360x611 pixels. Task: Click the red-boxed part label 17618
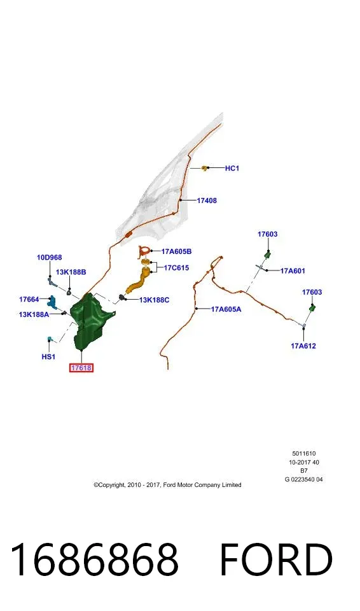(81, 367)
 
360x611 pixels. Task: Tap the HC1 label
(232, 168)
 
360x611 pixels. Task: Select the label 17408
(207, 200)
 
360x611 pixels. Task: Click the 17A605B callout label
(176, 252)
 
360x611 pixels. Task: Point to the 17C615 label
(176, 268)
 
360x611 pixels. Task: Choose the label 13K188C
(155, 300)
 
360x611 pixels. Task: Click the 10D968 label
(50, 258)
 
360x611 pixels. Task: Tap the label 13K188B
(71, 272)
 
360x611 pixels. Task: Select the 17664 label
(29, 299)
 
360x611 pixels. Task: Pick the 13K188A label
(34, 314)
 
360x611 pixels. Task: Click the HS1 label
(48, 356)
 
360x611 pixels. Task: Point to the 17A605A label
(226, 309)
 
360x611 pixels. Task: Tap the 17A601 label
(293, 271)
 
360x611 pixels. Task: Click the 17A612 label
(303, 346)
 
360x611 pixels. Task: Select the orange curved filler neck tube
(138, 283)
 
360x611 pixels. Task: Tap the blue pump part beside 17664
(52, 301)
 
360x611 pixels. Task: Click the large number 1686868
(94, 559)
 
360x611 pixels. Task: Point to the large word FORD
(276, 559)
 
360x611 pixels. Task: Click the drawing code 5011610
(304, 454)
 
